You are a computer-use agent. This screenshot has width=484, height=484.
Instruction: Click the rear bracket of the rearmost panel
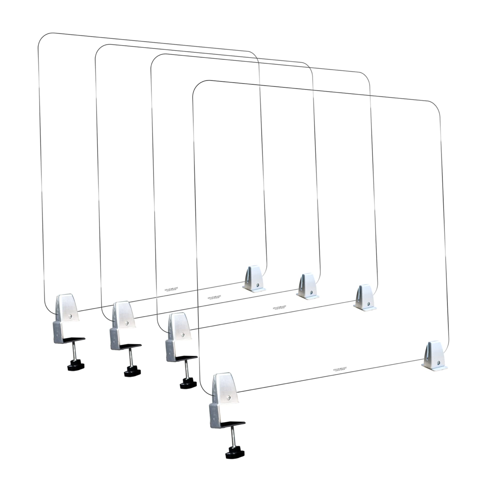click(x=254, y=280)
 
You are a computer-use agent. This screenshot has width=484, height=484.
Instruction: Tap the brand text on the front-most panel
click(x=340, y=370)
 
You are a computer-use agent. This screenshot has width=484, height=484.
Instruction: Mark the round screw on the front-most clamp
click(x=228, y=398)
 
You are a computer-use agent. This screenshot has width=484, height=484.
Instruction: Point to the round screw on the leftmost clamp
click(x=71, y=316)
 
